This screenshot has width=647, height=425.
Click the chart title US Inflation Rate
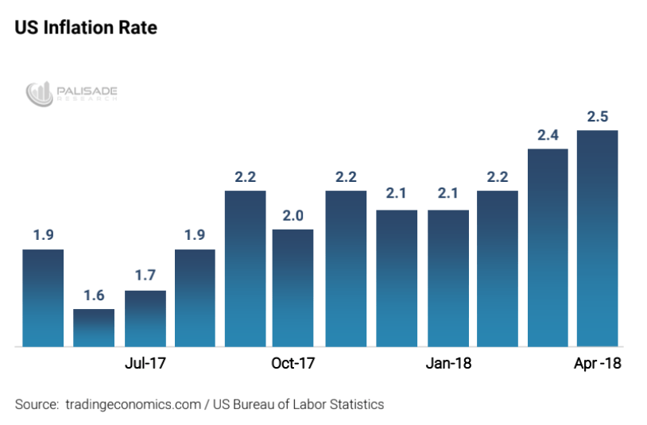pos(86,27)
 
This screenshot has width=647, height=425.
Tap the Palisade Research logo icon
pos(38,95)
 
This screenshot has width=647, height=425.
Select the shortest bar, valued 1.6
pos(94,327)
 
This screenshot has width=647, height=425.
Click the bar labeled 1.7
pos(145,318)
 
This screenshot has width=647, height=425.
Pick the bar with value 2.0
pos(293,288)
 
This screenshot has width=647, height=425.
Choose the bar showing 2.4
pos(548,247)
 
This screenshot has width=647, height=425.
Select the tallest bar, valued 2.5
pos(598,238)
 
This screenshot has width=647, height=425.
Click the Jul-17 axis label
pos(145,364)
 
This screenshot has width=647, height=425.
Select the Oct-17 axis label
pos(293,364)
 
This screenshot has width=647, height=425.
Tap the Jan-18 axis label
pos(447,364)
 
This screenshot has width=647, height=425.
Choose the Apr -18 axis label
pos(597,364)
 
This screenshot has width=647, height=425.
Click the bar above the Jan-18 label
pos(447,278)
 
